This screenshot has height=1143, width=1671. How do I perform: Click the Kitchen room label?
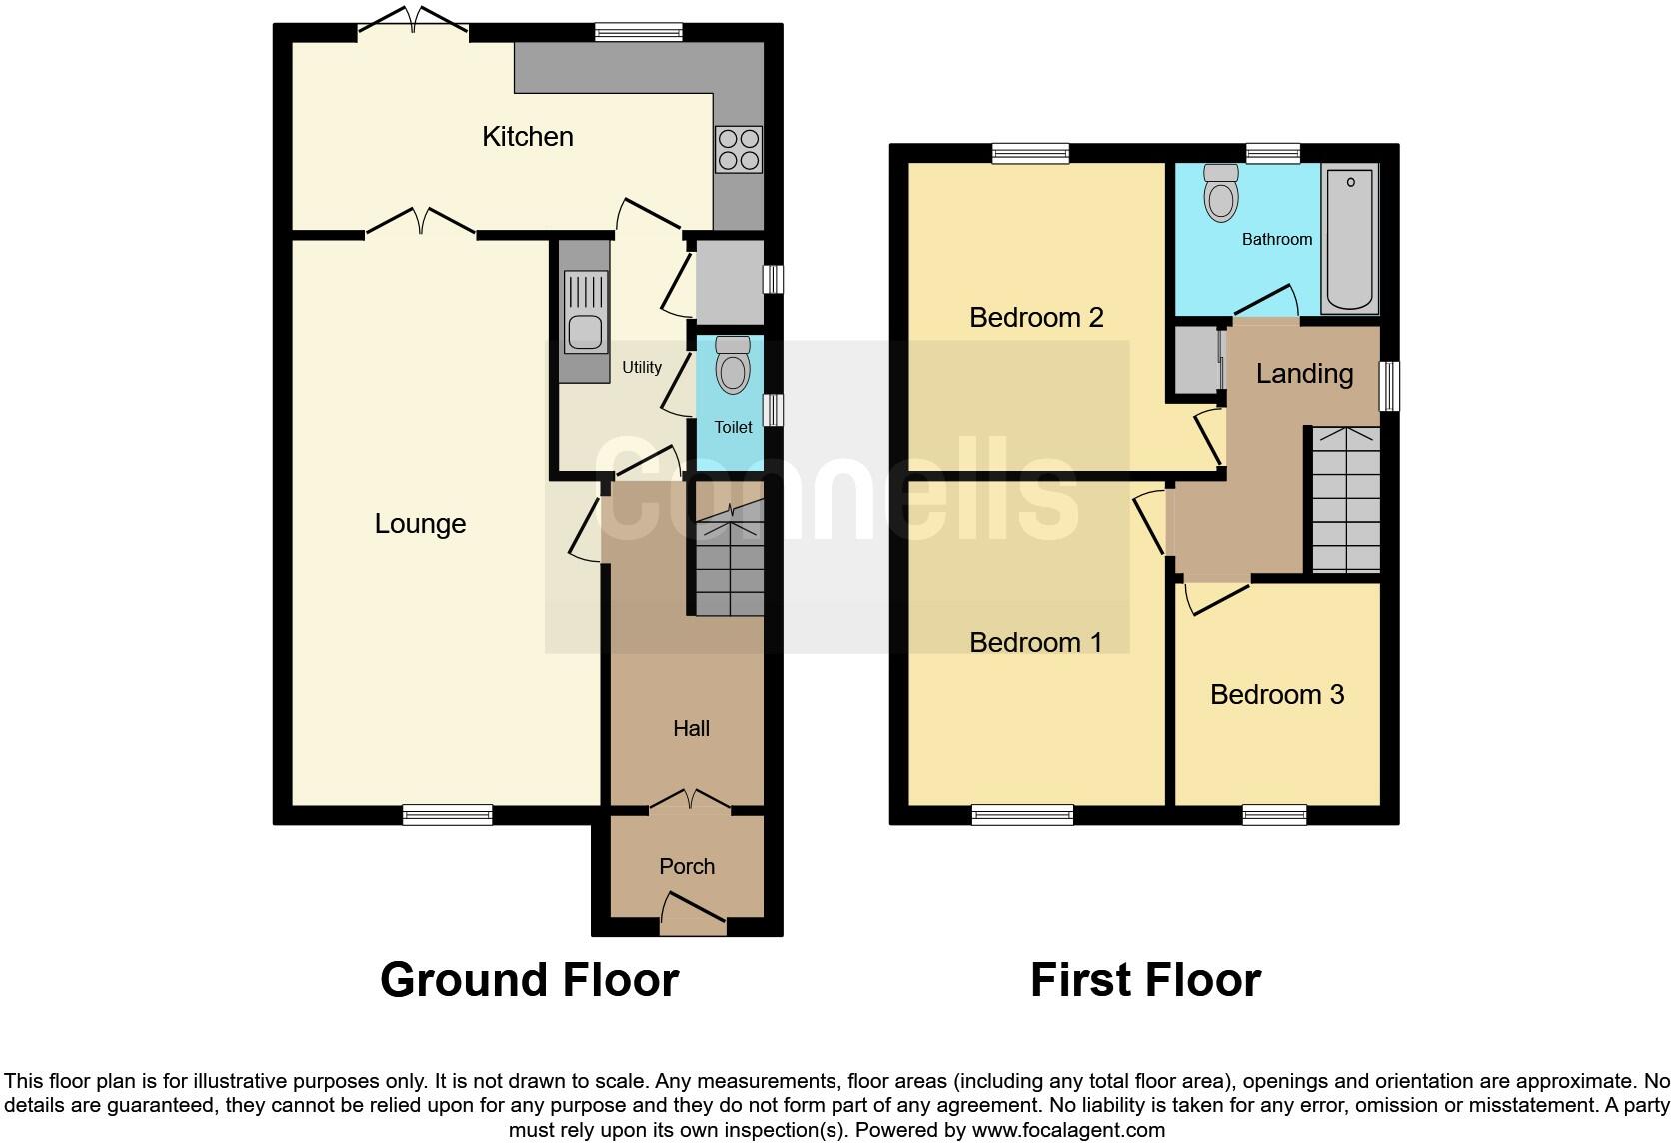[x=528, y=136]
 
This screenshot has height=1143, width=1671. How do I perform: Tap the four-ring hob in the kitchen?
[x=738, y=149]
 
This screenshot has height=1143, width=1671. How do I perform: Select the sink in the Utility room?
[x=585, y=312]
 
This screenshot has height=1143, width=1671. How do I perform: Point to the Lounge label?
[x=420, y=523]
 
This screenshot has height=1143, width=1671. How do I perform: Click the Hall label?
[x=691, y=728]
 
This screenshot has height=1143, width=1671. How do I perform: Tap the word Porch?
[x=687, y=866]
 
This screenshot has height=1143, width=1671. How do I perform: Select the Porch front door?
[x=693, y=913]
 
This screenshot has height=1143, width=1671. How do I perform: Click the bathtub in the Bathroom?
[x=1350, y=240]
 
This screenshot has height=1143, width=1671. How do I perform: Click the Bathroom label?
[x=1277, y=239]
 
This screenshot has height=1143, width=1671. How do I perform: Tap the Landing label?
[x=1304, y=373]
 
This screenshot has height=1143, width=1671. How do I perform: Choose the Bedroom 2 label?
[x=1036, y=317]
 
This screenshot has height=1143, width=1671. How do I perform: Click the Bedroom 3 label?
[x=1277, y=694]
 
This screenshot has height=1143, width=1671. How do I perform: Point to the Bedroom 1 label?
[x=1036, y=642]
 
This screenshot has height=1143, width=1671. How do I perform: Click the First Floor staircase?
[x=1346, y=500]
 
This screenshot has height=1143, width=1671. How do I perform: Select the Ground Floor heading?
[x=530, y=980]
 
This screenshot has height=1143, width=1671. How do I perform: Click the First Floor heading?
[x=1145, y=980]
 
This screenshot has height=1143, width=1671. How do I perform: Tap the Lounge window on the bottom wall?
[x=448, y=815]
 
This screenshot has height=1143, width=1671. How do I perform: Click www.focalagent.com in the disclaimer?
[x=1068, y=1130]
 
